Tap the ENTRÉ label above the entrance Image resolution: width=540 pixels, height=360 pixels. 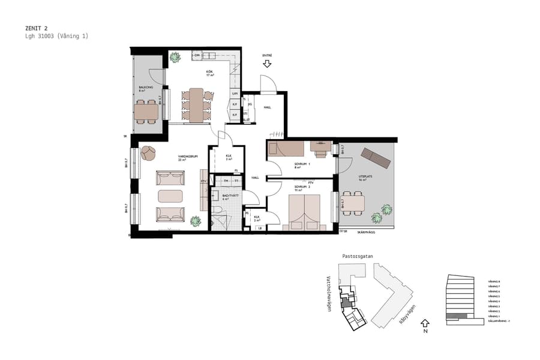pos(267,55)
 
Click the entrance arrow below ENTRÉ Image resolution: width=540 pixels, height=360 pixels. pos(267,63)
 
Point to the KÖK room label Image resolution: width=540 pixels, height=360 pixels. pos(210,73)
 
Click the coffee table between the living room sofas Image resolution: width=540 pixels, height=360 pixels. pos(170,196)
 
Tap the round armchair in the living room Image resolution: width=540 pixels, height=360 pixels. pos(148,153)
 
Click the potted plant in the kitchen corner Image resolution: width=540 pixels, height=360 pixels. pos(175,58)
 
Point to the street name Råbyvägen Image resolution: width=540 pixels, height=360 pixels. pos(408,313)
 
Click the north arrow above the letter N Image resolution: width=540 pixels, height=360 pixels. pos(425,322)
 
